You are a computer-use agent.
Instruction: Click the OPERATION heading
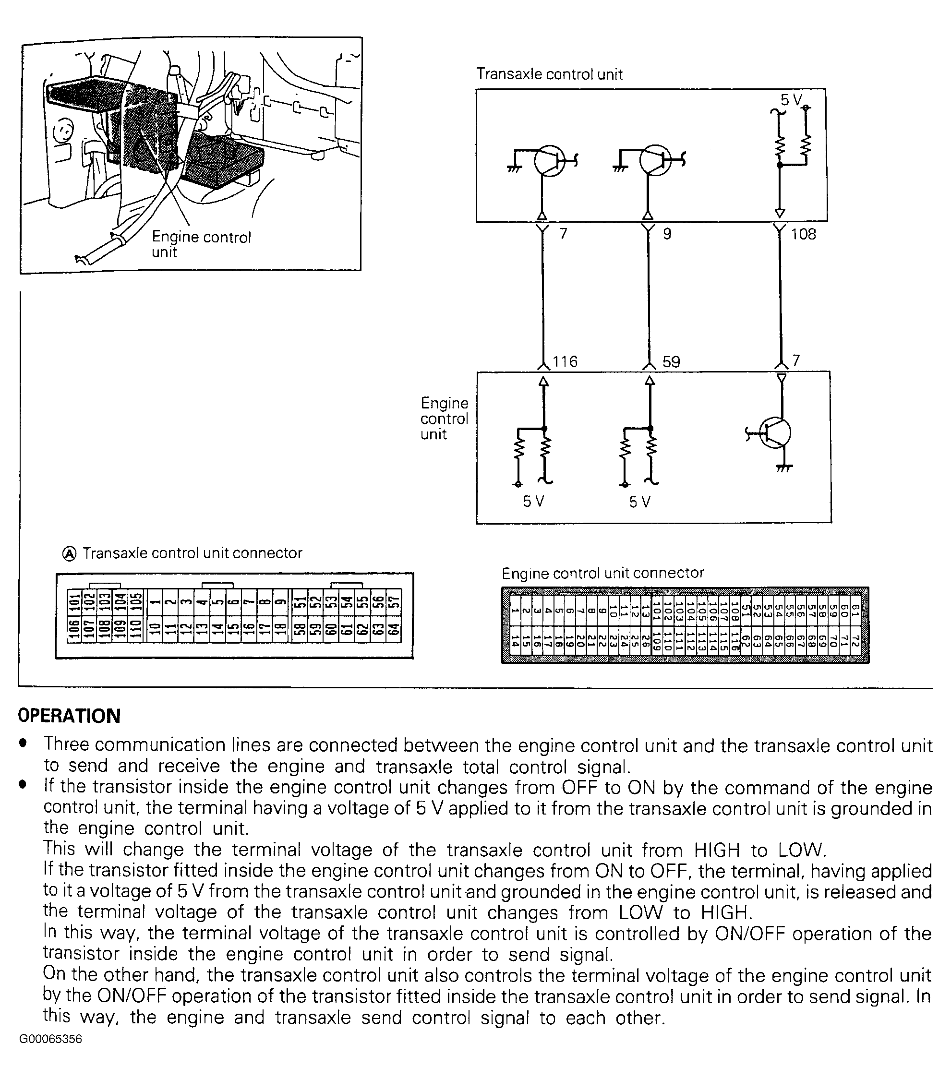[x=69, y=716]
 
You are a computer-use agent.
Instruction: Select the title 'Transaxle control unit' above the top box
[x=549, y=74]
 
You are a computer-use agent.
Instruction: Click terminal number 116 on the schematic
[x=565, y=361]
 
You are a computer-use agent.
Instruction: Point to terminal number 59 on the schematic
[x=671, y=362]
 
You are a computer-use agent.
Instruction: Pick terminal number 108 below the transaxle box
[x=803, y=234]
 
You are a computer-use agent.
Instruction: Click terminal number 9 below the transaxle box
[x=667, y=233]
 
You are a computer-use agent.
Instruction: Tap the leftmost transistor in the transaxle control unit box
[x=549, y=160]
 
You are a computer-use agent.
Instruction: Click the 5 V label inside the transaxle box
[x=791, y=100]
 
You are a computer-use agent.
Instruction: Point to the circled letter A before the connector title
[x=69, y=553]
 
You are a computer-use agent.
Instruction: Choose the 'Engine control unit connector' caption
[x=602, y=573]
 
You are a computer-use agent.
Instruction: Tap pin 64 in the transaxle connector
[x=393, y=630]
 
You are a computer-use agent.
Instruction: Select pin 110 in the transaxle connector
[x=136, y=630]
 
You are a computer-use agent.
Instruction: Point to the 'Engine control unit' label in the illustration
[x=201, y=244]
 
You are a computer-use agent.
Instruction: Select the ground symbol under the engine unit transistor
[x=783, y=468]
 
